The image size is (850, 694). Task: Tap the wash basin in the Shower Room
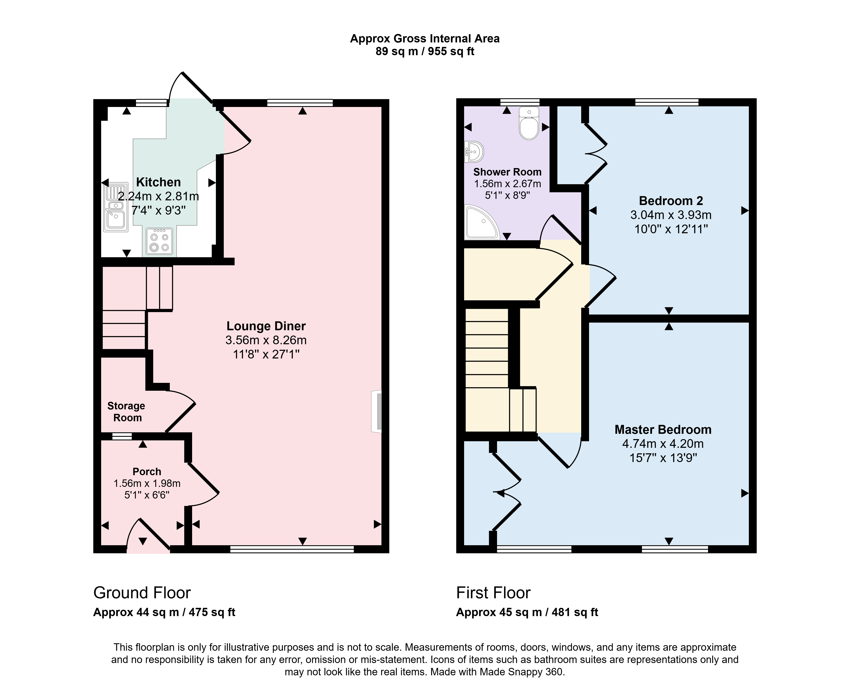[x=474, y=152]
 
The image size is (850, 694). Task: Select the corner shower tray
[x=482, y=222]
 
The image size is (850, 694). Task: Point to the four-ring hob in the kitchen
[x=159, y=242]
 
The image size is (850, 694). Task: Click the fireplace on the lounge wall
[x=377, y=411]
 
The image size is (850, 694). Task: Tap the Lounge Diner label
[x=266, y=326]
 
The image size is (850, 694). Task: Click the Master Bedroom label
[x=663, y=430]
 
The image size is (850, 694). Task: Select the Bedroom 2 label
[x=671, y=201]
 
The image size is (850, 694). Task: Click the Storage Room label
[x=126, y=412]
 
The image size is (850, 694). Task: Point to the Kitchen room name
[x=159, y=182]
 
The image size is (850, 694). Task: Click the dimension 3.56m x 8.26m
[x=266, y=340]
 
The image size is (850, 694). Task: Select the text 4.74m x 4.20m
[x=663, y=444]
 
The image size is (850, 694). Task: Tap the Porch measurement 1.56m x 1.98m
[x=147, y=483]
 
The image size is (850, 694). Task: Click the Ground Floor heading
[x=142, y=593]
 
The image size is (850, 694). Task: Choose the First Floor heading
[x=493, y=593]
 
